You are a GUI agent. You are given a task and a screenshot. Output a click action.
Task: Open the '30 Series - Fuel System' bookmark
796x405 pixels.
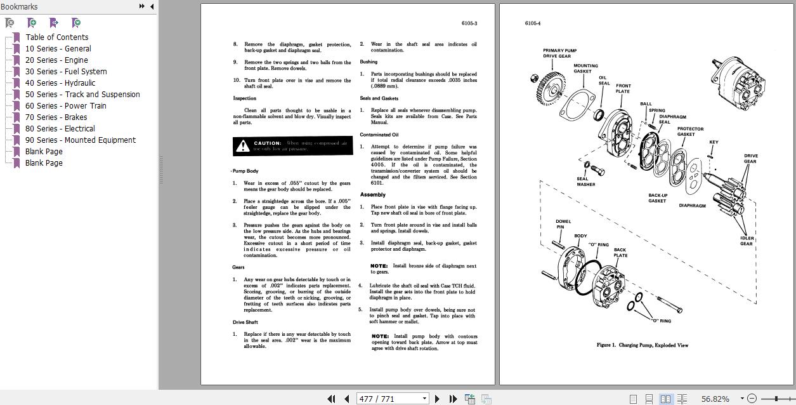pos(66,72)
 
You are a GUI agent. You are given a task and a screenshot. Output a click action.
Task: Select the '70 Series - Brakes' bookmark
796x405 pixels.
pos(56,117)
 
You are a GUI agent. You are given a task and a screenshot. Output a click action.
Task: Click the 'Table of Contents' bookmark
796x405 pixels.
pos(56,37)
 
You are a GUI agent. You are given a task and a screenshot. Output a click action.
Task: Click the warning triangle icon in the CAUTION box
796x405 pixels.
pos(242,147)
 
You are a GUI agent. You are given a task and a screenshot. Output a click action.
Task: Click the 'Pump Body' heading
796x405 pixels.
pos(245,171)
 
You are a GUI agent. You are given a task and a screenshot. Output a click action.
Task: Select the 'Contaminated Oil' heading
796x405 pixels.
pos(379,135)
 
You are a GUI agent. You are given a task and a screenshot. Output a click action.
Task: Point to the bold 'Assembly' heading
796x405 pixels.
pos(373,195)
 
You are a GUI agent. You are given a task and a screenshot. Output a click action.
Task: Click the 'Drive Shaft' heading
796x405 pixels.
pos(245,322)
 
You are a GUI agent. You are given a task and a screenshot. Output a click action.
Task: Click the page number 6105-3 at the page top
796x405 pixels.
pos(469,23)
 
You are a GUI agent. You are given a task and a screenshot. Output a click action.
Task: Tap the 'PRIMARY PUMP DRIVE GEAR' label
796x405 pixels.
pos(559,53)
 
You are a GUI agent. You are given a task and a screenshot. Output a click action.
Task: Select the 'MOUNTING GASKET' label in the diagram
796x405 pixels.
pos(585,69)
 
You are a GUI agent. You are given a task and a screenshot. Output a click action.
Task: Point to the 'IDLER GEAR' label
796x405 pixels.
pos(747,241)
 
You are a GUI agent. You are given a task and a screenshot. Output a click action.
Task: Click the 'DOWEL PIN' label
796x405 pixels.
pos(563,224)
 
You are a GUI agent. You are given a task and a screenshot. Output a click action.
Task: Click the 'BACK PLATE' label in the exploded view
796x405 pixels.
pos(620,253)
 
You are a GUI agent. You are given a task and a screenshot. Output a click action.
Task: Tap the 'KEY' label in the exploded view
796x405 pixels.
pos(714,142)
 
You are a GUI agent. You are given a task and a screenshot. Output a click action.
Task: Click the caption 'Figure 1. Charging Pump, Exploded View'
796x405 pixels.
pos(642,345)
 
